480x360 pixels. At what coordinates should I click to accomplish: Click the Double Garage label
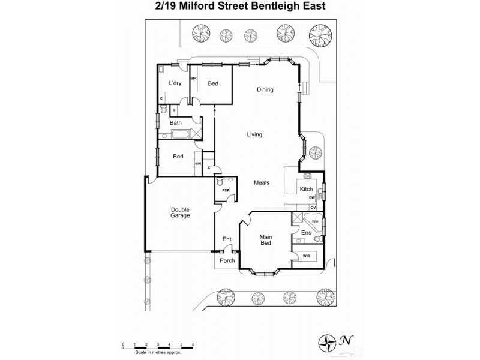(x=180, y=212)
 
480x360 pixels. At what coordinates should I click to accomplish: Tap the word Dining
(x=265, y=90)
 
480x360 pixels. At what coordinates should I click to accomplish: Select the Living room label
(x=254, y=134)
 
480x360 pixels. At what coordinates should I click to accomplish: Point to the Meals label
(x=261, y=182)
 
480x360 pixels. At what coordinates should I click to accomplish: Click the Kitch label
(x=306, y=190)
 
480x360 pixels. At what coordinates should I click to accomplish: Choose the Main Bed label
(x=267, y=241)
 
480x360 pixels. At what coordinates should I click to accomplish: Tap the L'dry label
(x=175, y=83)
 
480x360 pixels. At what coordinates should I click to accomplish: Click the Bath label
(x=176, y=123)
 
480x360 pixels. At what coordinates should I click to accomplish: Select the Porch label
(x=227, y=260)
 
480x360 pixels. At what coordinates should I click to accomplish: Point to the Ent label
(x=227, y=239)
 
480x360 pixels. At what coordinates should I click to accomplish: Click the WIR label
(x=306, y=256)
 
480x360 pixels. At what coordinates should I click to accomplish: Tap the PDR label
(x=226, y=190)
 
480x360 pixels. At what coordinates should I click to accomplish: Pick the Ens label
(x=306, y=232)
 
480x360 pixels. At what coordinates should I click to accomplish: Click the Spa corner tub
(x=314, y=220)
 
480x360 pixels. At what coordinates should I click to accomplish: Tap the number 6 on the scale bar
(x=193, y=344)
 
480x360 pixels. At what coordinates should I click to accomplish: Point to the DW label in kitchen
(x=311, y=197)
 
